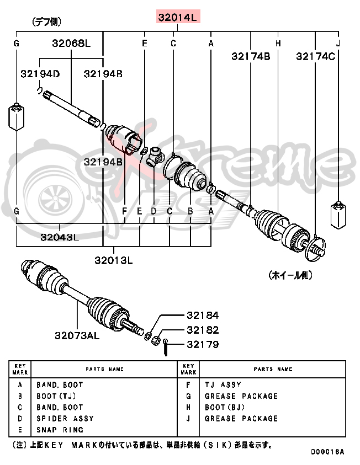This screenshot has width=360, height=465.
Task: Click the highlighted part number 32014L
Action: (x=177, y=18)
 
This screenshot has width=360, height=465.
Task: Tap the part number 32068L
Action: (x=71, y=43)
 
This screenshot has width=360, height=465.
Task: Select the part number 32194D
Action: (x=40, y=73)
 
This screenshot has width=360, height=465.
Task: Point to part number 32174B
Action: (x=251, y=56)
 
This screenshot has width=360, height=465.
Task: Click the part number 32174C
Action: (x=315, y=56)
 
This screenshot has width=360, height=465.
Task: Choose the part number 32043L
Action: (x=59, y=237)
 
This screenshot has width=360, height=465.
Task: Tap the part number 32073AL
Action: (x=77, y=335)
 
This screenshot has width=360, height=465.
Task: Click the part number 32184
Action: (x=202, y=316)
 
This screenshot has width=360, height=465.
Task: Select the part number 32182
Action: (x=202, y=330)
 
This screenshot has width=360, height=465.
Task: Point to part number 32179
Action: (x=202, y=345)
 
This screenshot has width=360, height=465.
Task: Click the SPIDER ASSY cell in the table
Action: (x=65, y=419)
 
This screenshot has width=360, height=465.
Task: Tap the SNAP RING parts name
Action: (x=60, y=430)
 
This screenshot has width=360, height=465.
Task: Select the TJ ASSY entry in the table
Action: (x=223, y=385)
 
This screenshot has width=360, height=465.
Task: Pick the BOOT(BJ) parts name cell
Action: (x=225, y=407)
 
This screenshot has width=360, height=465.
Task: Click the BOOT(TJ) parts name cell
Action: (x=56, y=396)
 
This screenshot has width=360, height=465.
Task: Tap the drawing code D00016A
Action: (x=327, y=452)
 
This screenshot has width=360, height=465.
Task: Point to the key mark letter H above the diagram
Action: (x=278, y=43)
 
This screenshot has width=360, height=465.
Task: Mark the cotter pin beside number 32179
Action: (x=166, y=348)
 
